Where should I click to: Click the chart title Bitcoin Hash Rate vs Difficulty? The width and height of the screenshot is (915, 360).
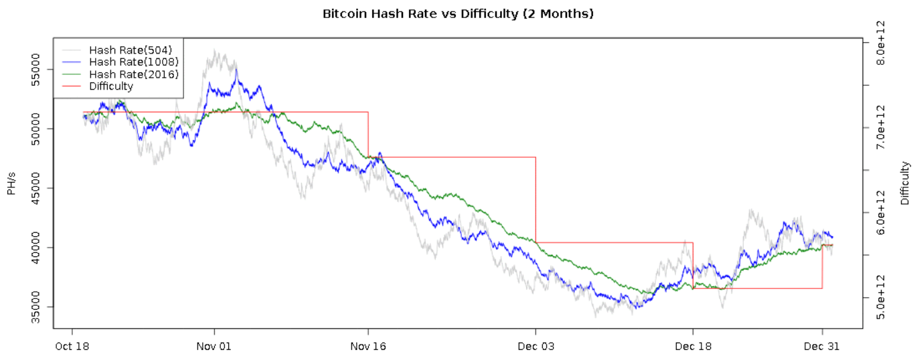coord(458,13)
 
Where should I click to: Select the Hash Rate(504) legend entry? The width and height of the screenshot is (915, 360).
coord(131,50)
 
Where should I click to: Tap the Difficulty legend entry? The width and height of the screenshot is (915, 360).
coord(111,86)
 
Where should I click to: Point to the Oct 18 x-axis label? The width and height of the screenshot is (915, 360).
coord(72,347)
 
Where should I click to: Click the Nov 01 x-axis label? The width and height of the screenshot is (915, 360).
coord(214,347)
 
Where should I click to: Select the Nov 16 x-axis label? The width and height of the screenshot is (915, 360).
coord(368,347)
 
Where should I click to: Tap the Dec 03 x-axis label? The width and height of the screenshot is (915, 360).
coord(535,347)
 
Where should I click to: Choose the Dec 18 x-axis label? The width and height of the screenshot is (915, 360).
coord(693,347)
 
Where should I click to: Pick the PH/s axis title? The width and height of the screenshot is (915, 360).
coord(11,182)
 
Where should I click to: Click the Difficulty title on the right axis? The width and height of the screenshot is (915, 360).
coord(905,183)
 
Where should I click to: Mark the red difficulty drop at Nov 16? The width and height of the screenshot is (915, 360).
coord(368,134)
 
